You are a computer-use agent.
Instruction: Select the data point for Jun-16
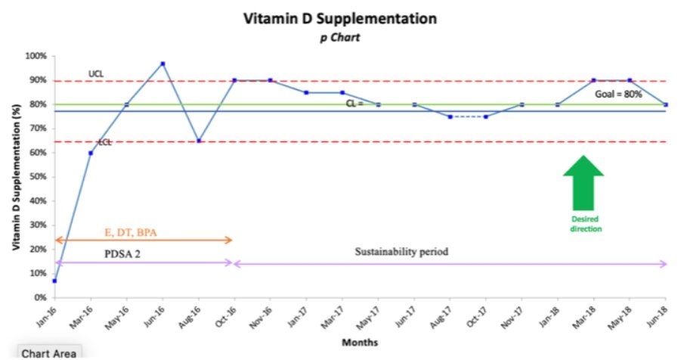(162, 64)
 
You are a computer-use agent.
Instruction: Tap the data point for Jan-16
(54, 281)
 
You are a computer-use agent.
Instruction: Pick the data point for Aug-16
(199, 141)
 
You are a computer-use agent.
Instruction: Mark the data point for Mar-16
(91, 153)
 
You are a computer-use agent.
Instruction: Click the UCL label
(96, 74)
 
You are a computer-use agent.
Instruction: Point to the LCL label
(104, 142)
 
